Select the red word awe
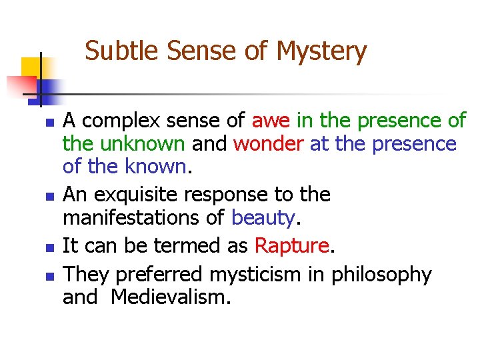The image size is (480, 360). [271, 121]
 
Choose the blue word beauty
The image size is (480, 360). [262, 217]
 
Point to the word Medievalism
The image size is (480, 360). [170, 297]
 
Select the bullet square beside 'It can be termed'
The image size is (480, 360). [47, 247]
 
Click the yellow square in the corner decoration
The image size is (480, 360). [31, 67]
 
